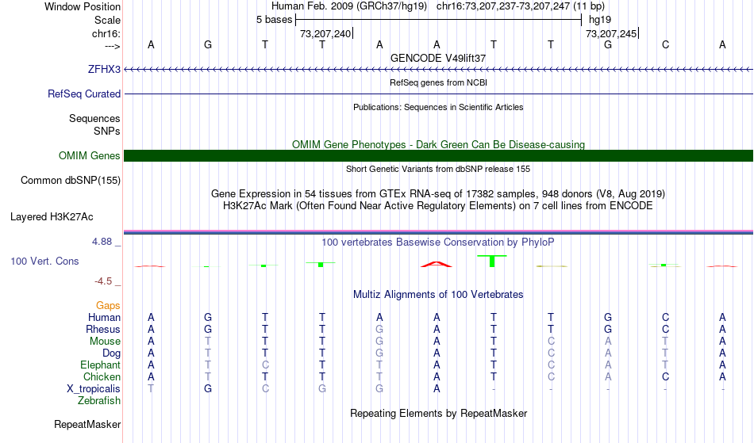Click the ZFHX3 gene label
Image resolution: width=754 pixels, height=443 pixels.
coord(104,69)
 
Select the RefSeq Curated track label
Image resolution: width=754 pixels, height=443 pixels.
coord(83,94)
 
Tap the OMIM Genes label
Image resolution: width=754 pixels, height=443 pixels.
coord(89,155)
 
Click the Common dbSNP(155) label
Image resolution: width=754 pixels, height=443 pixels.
coord(70,180)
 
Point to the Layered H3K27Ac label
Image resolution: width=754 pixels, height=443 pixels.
coord(52,217)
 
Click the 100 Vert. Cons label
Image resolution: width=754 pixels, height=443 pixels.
coord(44,261)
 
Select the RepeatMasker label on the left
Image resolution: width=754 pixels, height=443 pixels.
coord(87,424)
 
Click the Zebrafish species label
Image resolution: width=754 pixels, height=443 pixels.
coord(99,400)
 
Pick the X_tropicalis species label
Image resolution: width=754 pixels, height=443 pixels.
coord(94,389)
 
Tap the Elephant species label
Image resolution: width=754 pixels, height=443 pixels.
coord(100,365)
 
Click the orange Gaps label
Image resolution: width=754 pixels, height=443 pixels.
coord(108,305)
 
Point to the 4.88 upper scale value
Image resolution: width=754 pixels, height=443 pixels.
coord(102,242)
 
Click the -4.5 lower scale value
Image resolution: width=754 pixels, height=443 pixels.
coord(103,281)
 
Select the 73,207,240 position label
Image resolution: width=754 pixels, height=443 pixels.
coord(325,33)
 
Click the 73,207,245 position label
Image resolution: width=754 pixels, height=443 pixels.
coord(610,33)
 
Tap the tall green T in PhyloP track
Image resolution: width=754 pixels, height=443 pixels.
coord(492,261)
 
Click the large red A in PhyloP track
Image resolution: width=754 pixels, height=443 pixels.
coord(437,264)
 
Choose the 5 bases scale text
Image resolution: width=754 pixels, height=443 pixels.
coord(274,20)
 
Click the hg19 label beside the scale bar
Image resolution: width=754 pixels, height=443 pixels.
coord(600,20)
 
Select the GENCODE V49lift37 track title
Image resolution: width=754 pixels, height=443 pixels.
coord(438,58)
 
